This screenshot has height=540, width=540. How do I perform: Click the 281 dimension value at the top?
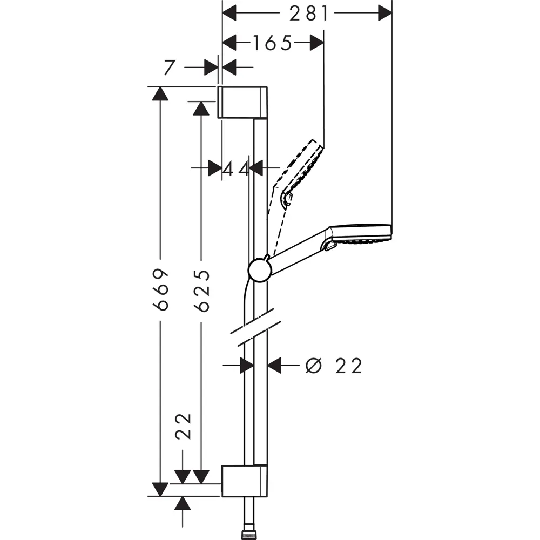(x=309, y=13)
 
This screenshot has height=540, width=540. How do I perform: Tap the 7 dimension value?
(x=170, y=67)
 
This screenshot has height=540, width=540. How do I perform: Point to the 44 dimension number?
(x=236, y=168)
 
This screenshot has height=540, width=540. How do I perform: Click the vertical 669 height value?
(x=160, y=289)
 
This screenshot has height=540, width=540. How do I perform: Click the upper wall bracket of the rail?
(x=242, y=101)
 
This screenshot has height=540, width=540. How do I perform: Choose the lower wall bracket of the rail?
(x=244, y=481)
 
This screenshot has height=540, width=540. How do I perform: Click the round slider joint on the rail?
(x=260, y=269)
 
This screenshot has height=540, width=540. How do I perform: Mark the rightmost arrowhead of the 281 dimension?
(x=384, y=13)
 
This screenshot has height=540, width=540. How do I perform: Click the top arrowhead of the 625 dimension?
(x=201, y=107)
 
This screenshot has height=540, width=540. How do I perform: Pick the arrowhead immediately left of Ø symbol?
(x=275, y=366)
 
